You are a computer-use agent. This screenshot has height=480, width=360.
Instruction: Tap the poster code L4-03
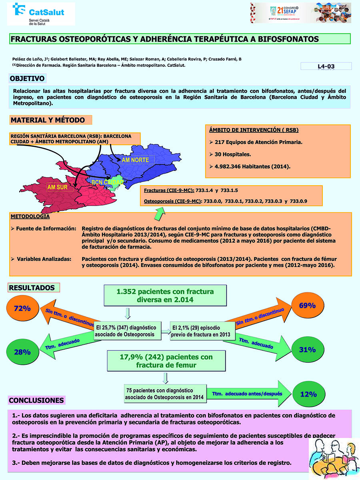click(x=326, y=67)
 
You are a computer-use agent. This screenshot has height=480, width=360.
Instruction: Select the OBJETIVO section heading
click(x=27, y=78)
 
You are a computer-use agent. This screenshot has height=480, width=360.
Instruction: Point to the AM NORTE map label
click(x=135, y=160)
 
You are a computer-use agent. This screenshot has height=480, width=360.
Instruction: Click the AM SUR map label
click(x=57, y=187)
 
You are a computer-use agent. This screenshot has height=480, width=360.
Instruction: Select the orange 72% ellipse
click(x=22, y=309)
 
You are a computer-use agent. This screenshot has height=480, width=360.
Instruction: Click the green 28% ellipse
click(x=22, y=352)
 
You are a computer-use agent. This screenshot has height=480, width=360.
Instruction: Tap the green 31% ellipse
click(x=307, y=349)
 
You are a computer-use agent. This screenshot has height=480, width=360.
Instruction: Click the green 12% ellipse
click(x=308, y=394)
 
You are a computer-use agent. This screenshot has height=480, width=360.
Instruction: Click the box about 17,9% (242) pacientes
click(x=166, y=360)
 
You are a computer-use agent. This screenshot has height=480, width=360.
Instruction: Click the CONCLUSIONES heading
click(x=36, y=400)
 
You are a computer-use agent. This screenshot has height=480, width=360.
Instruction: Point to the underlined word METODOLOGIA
click(x=30, y=216)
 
